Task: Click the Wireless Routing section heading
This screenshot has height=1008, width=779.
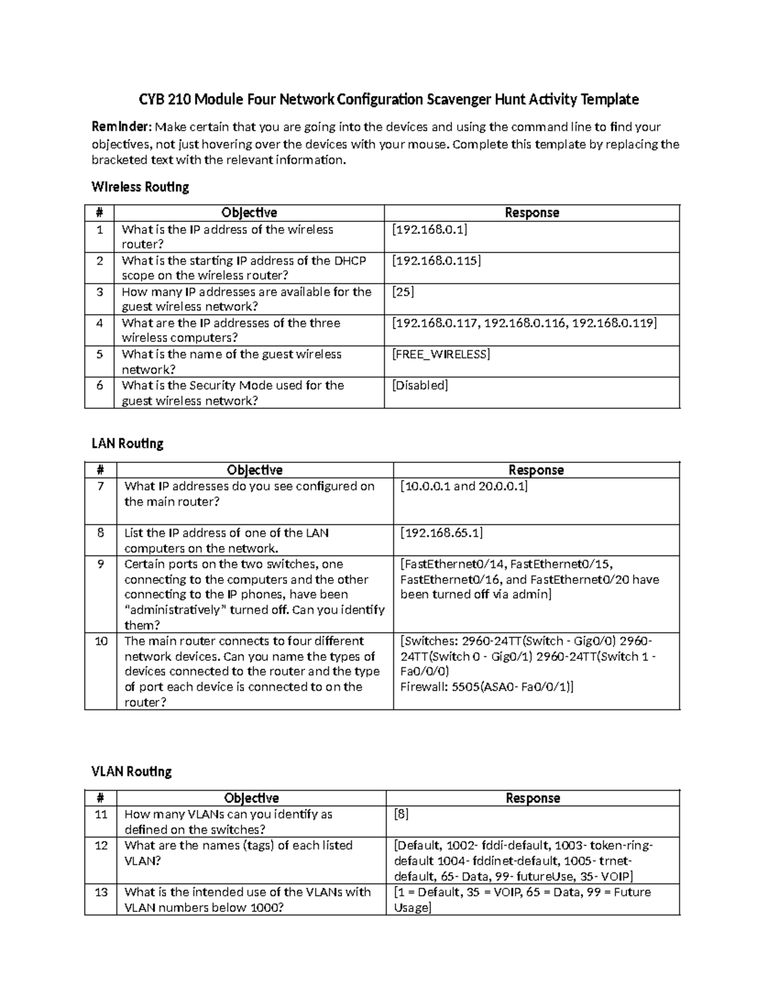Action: point(140,187)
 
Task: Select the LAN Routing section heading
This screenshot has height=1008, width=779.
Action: point(127,444)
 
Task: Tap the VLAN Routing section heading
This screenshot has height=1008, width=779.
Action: point(132,772)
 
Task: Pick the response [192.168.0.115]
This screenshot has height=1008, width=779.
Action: point(436,261)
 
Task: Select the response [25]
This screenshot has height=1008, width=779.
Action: point(403,292)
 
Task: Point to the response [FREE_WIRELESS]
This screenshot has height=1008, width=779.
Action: point(441,354)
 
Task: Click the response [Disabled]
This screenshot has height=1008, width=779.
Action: point(420,386)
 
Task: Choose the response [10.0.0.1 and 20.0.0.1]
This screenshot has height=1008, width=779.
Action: point(464,486)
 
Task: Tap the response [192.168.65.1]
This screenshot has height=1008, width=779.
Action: point(441,533)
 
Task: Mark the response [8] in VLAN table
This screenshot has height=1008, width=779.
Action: point(401,815)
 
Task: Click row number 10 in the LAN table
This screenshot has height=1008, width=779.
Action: point(101,641)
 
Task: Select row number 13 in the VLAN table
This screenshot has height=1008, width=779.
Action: point(101,892)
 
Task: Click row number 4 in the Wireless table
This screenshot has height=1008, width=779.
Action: point(99,323)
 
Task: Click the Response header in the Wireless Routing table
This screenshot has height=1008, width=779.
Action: point(532,213)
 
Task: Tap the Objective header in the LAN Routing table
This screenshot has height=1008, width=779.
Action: point(254,470)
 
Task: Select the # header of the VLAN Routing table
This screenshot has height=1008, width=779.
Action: point(101,798)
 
